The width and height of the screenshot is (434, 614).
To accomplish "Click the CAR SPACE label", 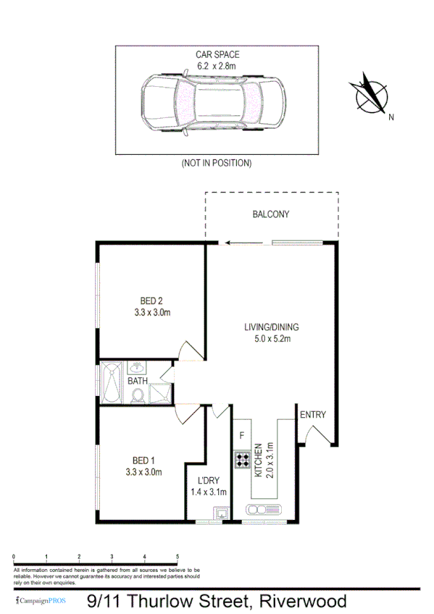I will (x=217, y=54).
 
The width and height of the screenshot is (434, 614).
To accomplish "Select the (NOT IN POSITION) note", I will (x=217, y=164).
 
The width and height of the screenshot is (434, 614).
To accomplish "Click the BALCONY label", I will (x=271, y=214).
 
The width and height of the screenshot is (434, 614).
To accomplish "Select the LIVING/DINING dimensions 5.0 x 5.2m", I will (x=271, y=339).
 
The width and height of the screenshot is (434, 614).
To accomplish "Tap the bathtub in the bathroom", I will (x=112, y=383).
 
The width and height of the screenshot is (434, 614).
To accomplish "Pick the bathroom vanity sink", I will (x=137, y=368).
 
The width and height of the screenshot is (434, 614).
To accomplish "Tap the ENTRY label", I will (x=313, y=415).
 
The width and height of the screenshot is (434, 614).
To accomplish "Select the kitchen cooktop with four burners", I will (x=241, y=459).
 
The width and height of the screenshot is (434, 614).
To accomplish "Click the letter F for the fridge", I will (x=241, y=436).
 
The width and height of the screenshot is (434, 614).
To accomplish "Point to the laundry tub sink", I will (x=220, y=514).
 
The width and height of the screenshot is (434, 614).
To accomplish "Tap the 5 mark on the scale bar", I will (x=178, y=557).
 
